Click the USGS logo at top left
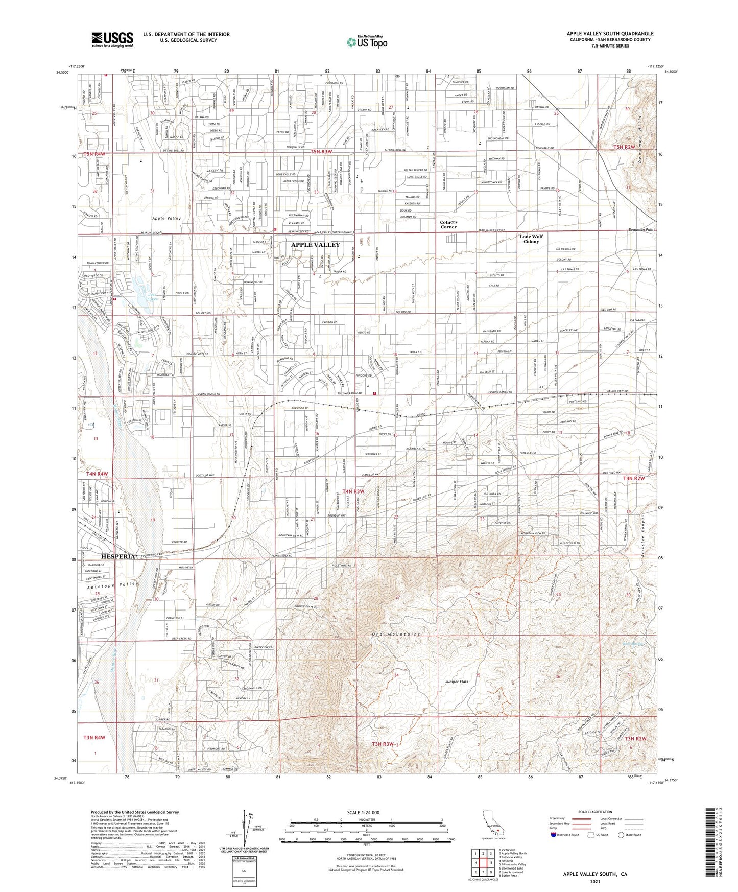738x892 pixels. pyautogui.click(x=112, y=39)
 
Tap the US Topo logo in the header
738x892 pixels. pyautogui.click(x=367, y=41)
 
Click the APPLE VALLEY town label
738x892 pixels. pyautogui.click(x=315, y=245)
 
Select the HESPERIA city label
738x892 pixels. pyautogui.click(x=118, y=556)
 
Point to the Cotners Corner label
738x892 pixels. pyautogui.click(x=448, y=224)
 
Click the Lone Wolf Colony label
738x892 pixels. pyautogui.click(x=531, y=239)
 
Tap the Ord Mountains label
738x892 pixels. pyautogui.click(x=396, y=634)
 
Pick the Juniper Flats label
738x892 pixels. pyautogui.click(x=457, y=682)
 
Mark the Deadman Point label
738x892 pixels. pyautogui.click(x=642, y=230)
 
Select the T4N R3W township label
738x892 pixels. pyautogui.click(x=353, y=491)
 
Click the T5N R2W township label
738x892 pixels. pyautogui.click(x=625, y=147)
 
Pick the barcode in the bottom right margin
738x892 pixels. pyautogui.click(x=713, y=841)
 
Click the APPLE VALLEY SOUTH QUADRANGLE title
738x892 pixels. pyautogui.click(x=610, y=34)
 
